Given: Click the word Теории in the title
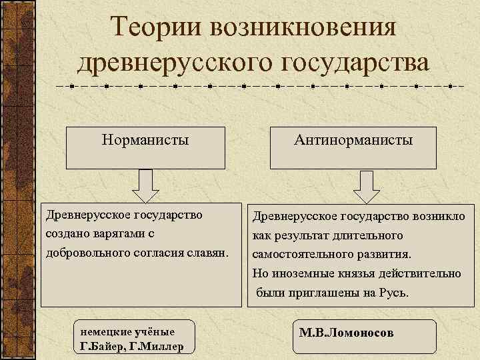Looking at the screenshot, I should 154,28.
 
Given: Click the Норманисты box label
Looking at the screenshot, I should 145,140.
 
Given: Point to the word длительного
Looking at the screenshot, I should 369,236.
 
